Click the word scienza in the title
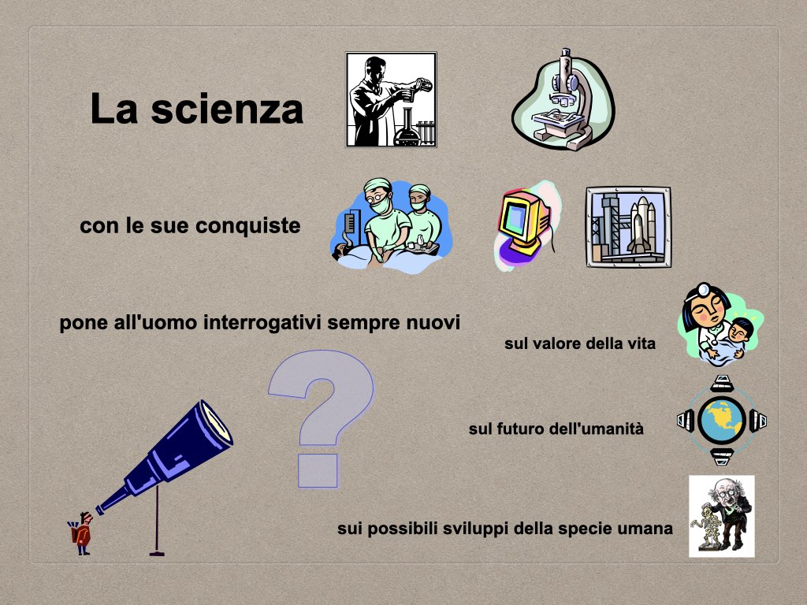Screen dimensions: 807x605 coord(227,109)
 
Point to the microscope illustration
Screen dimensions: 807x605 coord(563,100)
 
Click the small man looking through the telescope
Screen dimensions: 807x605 coord(82,533)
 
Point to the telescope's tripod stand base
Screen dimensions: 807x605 coord(157,554)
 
